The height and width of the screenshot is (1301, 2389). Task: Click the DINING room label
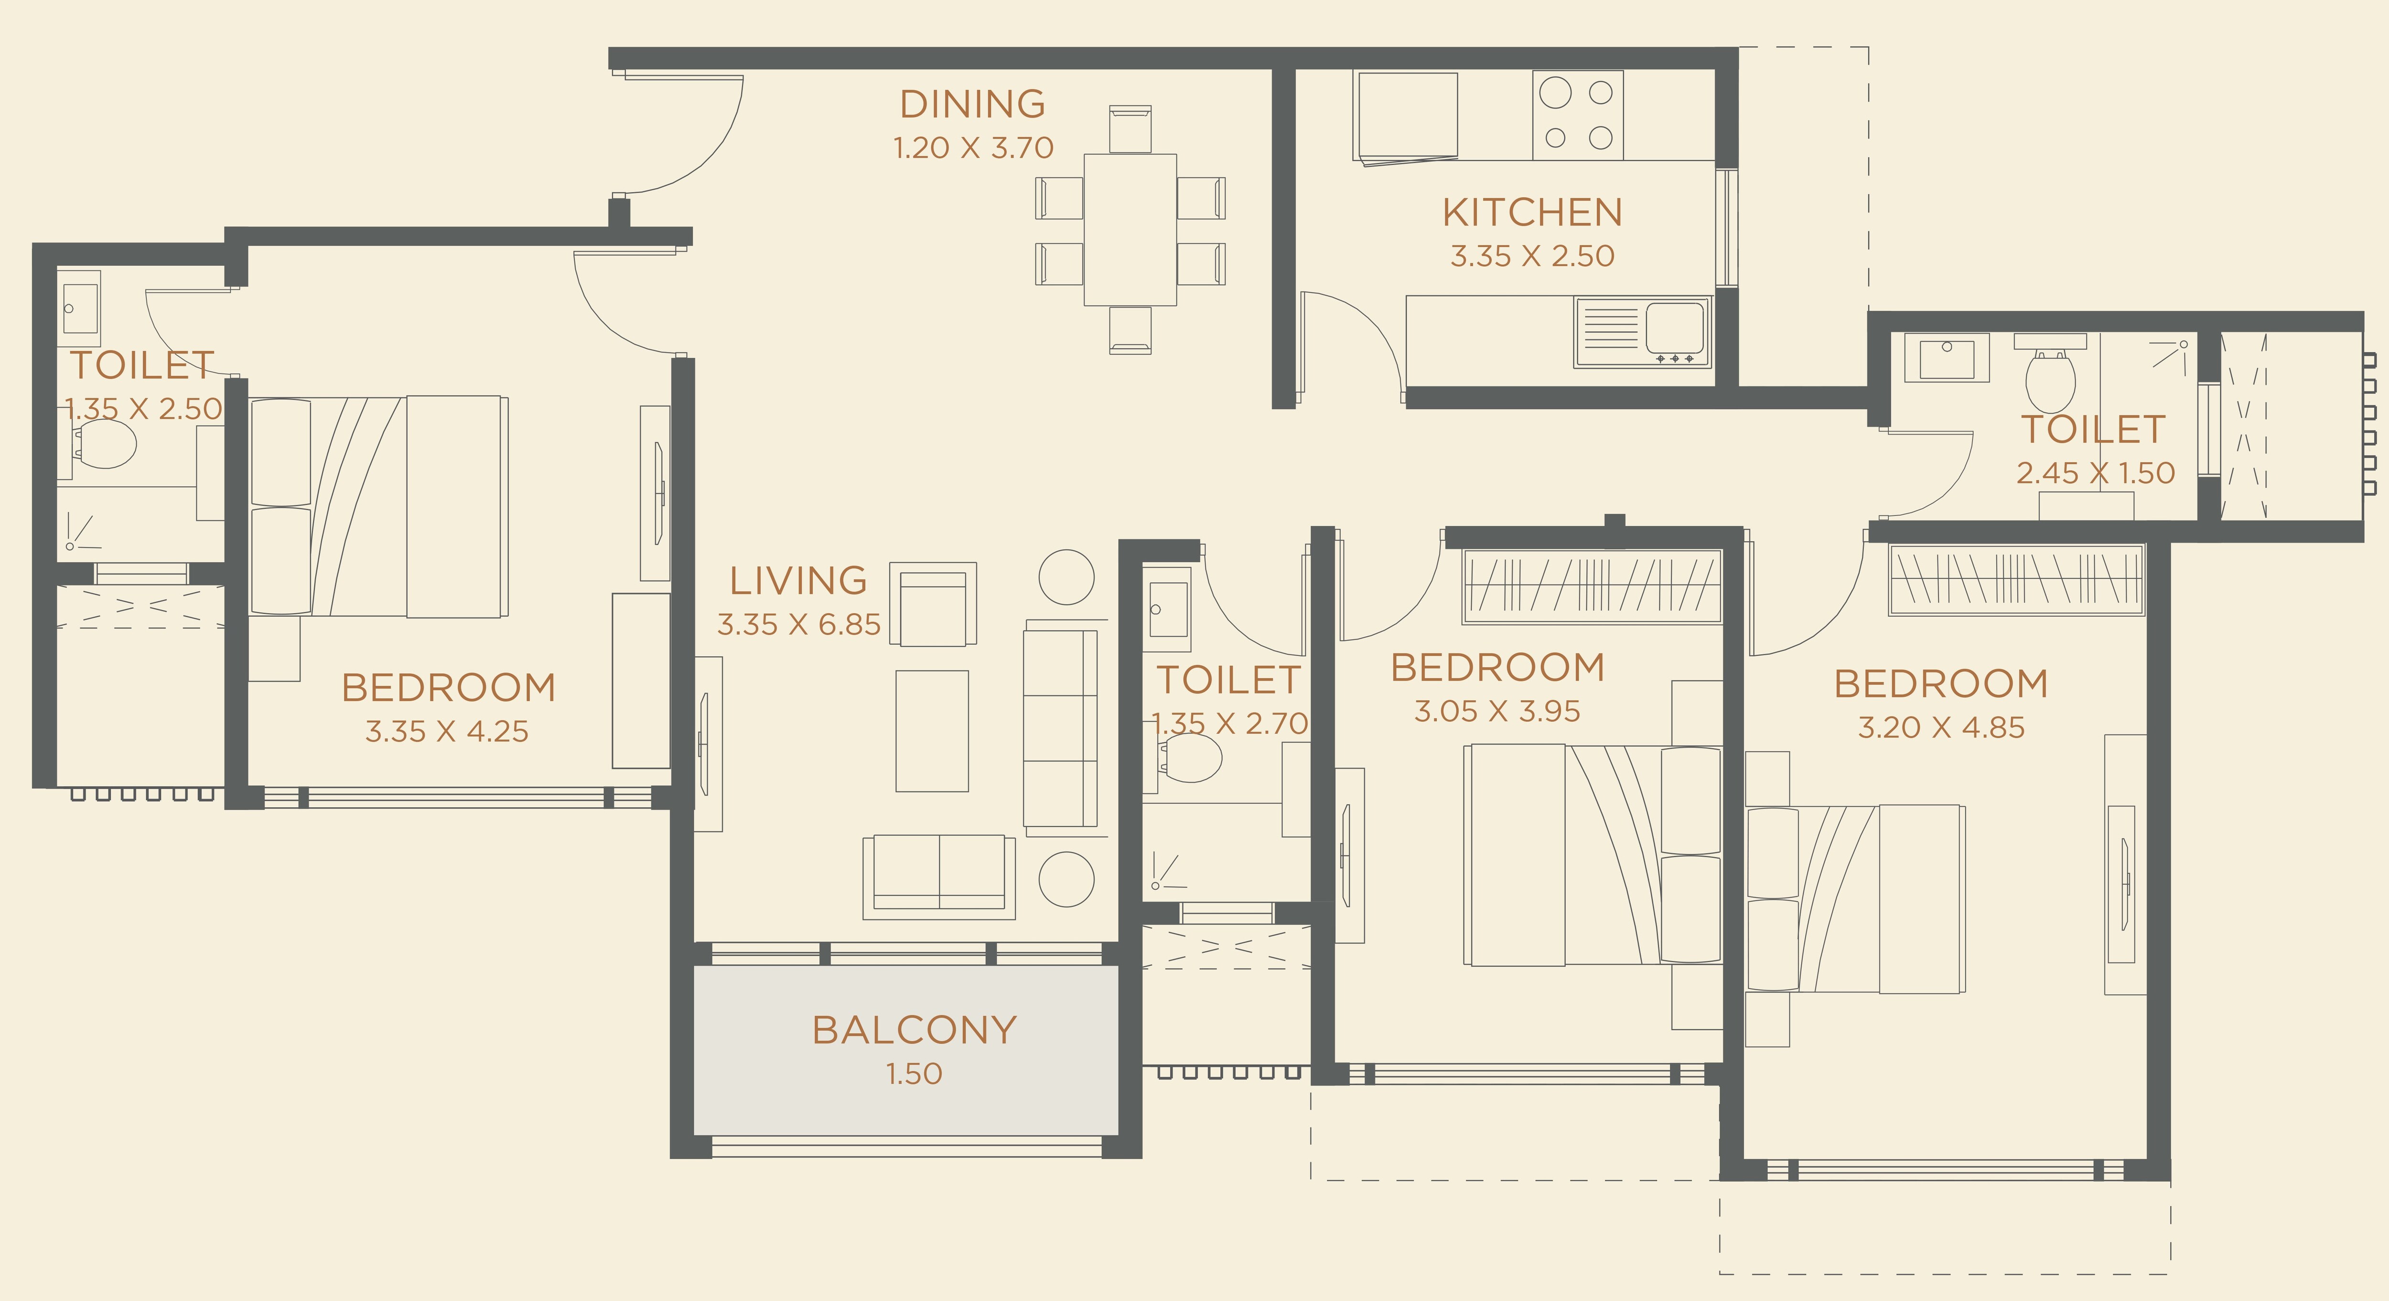[972, 104]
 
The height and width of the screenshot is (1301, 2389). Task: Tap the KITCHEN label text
[1532, 213]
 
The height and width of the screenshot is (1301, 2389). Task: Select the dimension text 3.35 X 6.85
[798, 625]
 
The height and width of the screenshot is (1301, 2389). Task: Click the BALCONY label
[915, 1030]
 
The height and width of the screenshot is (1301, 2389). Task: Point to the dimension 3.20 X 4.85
[1941, 728]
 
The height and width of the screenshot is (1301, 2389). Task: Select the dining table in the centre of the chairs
[1130, 230]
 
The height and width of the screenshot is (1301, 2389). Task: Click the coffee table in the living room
[932, 731]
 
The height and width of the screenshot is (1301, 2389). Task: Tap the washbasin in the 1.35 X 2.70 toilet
[1168, 609]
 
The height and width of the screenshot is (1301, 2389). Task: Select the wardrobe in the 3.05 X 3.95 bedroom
[1592, 586]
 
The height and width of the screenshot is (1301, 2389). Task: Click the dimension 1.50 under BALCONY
[915, 1074]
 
